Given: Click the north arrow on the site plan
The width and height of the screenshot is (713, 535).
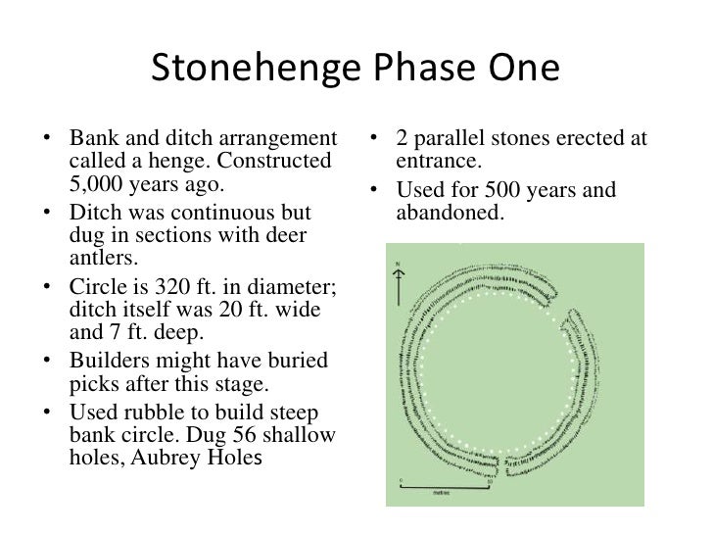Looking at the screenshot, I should pyautogui.click(x=397, y=283).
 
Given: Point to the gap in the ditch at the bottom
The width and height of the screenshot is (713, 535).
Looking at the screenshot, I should pyautogui.click(x=500, y=462).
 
